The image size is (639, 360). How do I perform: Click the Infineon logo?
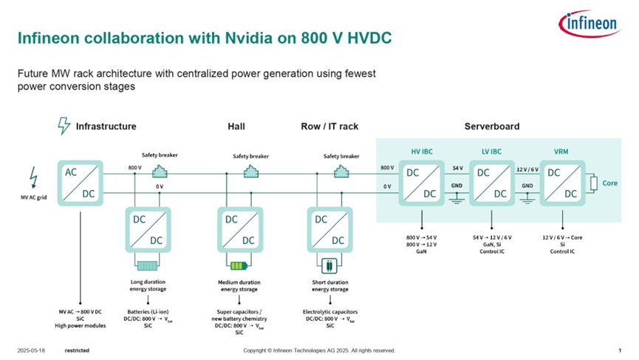[590, 24]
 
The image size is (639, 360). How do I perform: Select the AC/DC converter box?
[80, 182]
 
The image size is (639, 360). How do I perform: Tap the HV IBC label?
[421, 152]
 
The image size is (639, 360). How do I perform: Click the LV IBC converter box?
[492, 182]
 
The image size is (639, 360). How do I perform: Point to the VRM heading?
[562, 152]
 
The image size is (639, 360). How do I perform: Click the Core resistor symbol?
[593, 183]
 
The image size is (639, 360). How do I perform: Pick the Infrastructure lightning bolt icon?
[64, 126]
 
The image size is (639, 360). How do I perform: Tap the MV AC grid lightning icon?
[32, 177]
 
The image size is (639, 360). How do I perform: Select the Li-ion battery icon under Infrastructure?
[148, 265]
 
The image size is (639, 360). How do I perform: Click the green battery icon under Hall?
[239, 265]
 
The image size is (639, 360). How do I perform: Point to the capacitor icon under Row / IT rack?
[329, 265]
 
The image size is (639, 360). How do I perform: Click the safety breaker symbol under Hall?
[250, 171]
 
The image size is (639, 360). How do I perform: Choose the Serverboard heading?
[491, 126]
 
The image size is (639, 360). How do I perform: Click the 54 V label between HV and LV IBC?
[457, 169]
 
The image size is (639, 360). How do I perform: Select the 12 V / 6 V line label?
[527, 169]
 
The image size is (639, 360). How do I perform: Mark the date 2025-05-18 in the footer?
[30, 350]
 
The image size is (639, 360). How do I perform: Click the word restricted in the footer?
[77, 350]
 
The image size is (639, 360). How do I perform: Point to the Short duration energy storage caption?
[329, 285]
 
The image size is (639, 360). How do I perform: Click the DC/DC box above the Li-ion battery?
[148, 230]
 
